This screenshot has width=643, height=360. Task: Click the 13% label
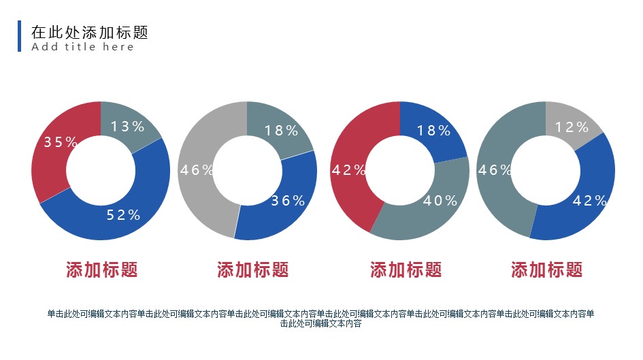[127, 127]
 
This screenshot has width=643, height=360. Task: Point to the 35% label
[61, 142]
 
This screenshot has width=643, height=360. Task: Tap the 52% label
[123, 216]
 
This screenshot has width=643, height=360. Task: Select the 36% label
[288, 201]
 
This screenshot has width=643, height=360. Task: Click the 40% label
[441, 201]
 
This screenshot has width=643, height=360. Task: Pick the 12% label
[572, 127]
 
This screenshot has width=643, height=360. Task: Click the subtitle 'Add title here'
[83, 47]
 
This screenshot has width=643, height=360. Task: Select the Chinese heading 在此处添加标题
[89, 32]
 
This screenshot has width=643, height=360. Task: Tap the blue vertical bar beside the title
[20, 36]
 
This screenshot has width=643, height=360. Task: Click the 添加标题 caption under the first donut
[102, 269]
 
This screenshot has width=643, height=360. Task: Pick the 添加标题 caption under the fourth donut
[546, 269]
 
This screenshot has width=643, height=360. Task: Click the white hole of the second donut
[246, 170]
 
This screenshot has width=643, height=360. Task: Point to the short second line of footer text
[320, 324]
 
